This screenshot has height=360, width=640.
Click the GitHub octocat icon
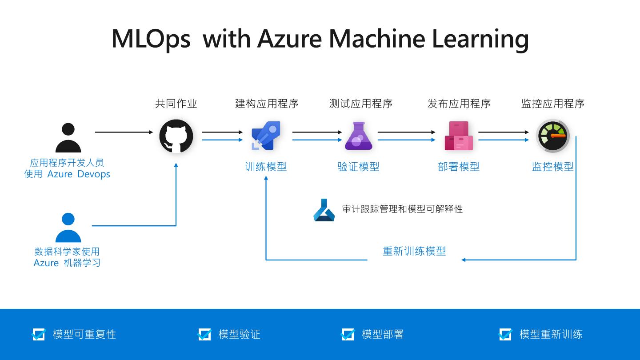[x=176, y=136]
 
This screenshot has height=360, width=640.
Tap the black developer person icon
[x=68, y=138]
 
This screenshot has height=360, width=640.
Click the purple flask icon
[x=358, y=136]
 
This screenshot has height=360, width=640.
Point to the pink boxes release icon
[x=459, y=136]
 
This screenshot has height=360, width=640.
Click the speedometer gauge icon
[x=552, y=136]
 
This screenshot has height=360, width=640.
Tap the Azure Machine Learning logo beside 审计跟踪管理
[x=324, y=210]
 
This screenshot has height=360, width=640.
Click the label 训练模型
[x=266, y=167]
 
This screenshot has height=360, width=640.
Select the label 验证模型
[x=358, y=167]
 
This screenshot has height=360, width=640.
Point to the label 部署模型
[x=459, y=167]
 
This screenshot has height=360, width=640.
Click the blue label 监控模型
[x=552, y=167]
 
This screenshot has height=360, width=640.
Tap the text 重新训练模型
[x=414, y=251]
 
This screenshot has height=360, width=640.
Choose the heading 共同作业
[x=176, y=104]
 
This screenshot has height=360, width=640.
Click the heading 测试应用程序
[x=361, y=104]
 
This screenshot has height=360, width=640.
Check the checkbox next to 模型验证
[x=204, y=334]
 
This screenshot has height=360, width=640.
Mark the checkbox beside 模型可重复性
[x=39, y=334]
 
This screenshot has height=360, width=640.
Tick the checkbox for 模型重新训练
[x=505, y=334]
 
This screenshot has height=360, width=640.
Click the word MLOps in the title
[x=151, y=39]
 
